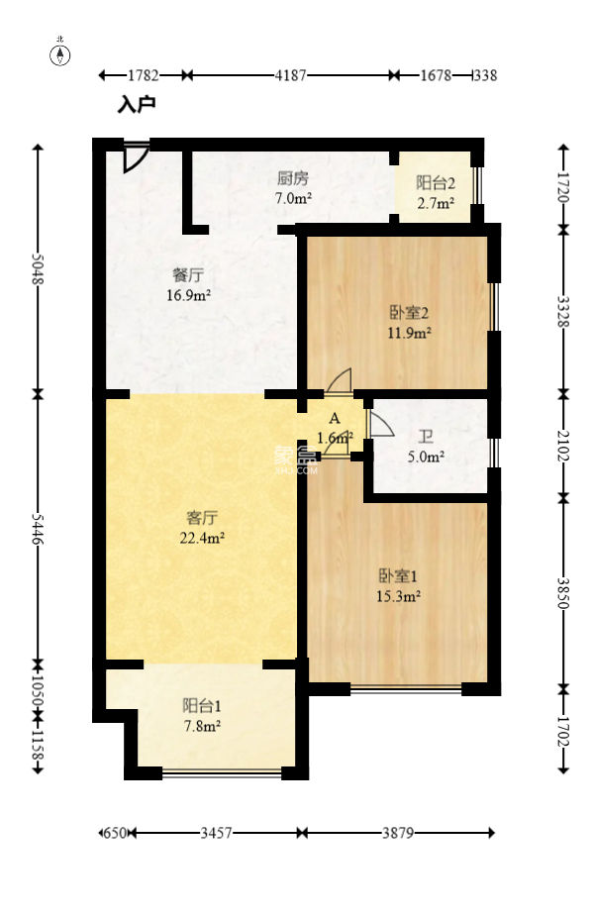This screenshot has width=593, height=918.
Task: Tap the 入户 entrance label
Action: [137, 103]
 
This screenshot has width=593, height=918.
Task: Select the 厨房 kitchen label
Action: [293, 179]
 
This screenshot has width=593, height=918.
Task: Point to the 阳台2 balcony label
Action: [435, 183]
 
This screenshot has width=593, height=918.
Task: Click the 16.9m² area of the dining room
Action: [187, 294]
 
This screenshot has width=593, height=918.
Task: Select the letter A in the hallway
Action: [335, 418]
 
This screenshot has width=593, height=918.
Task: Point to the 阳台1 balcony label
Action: [201, 706]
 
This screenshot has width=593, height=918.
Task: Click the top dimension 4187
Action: [290, 75]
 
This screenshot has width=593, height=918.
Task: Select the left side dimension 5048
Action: [39, 267]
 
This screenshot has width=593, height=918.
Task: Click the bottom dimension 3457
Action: [216, 834]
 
